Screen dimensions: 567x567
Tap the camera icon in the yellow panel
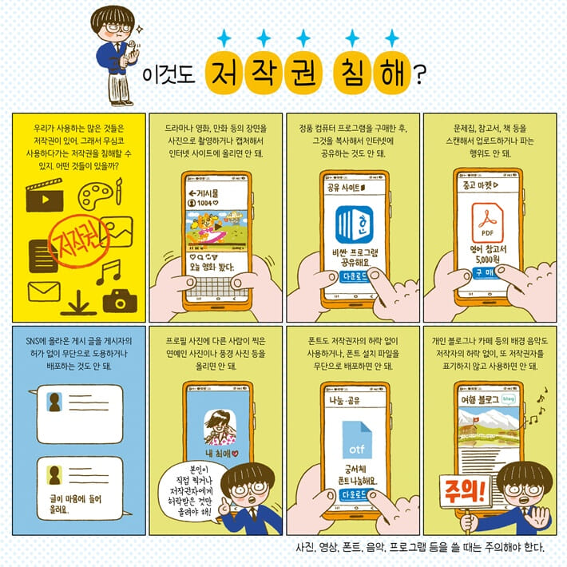(x=119, y=301)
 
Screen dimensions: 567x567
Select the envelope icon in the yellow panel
(x=44, y=292)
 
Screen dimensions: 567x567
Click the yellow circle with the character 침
(x=347, y=73)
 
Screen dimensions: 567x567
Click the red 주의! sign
(x=462, y=488)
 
